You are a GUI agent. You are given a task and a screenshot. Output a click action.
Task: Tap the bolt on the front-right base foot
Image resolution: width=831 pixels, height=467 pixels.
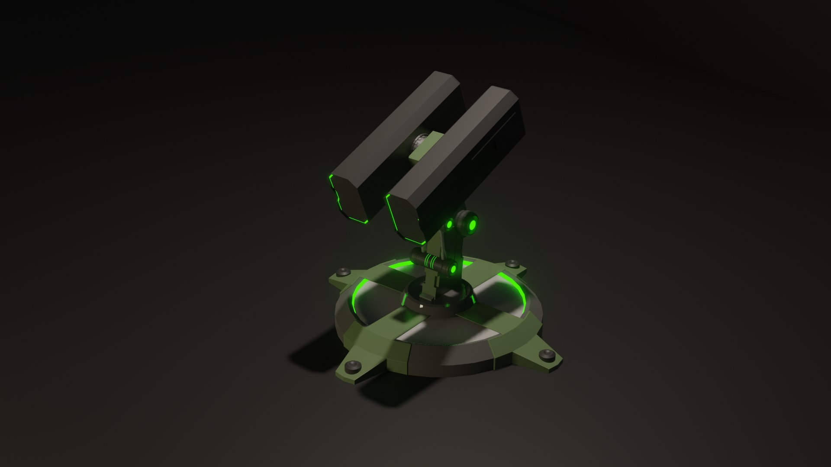[548, 355]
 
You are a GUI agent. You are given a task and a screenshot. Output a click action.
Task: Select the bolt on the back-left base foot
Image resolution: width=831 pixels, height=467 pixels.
[344, 272]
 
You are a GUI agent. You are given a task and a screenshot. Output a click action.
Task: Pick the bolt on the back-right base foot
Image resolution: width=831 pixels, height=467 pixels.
[513, 263]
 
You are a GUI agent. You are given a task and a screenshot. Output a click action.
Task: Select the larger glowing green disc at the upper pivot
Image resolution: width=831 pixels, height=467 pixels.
[472, 224]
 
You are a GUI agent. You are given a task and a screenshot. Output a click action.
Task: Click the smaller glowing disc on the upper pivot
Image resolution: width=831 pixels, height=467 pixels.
[450, 224]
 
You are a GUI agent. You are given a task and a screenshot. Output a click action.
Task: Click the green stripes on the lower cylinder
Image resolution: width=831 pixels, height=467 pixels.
[430, 260]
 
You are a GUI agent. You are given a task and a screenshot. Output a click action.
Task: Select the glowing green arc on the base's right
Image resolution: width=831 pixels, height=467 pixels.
[517, 290]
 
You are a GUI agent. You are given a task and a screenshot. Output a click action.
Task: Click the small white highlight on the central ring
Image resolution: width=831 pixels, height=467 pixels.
[422, 306]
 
